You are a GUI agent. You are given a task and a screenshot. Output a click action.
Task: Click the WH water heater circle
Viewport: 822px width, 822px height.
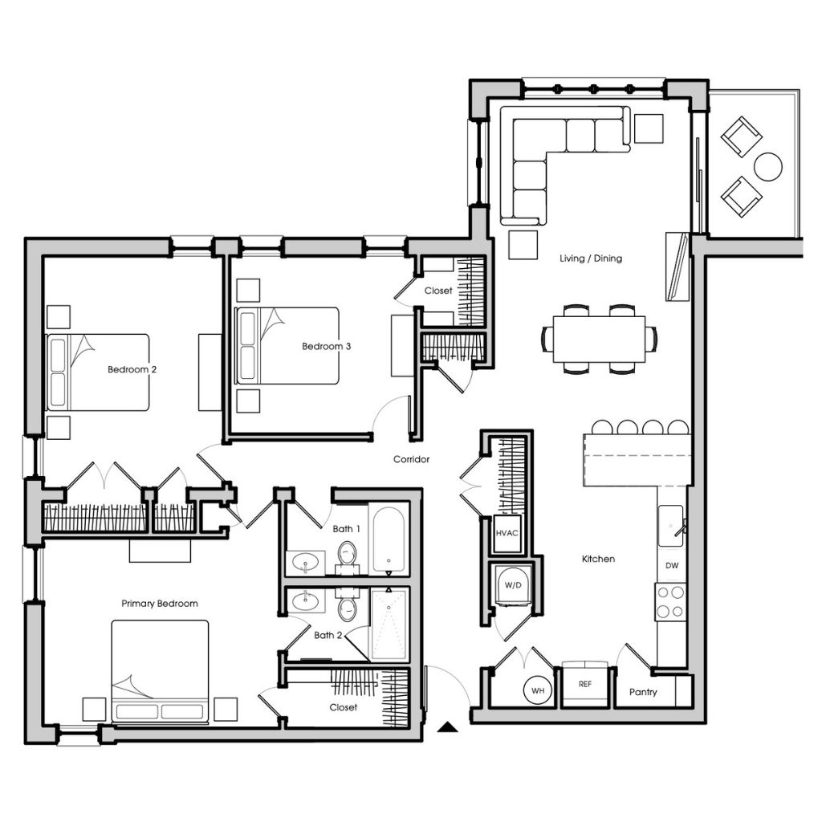click(537, 690)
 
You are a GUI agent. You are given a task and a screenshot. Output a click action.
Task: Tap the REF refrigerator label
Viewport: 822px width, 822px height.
click(585, 684)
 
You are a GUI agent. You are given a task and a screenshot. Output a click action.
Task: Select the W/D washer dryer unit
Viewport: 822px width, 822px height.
click(513, 586)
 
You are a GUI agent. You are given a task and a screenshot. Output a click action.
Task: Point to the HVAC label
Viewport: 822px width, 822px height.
click(507, 533)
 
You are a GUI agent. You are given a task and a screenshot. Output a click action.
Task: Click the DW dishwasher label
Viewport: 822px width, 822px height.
click(672, 566)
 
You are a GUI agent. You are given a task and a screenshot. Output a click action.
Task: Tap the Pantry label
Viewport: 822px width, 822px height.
click(643, 692)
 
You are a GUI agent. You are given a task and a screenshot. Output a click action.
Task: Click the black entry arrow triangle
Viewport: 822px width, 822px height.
click(447, 726)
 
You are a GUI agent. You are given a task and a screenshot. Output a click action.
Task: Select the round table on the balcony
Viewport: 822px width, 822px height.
click(768, 167)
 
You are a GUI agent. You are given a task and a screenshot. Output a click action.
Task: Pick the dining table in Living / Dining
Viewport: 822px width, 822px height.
click(599, 339)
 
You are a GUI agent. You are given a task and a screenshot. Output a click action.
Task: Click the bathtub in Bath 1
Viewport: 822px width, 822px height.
click(389, 539)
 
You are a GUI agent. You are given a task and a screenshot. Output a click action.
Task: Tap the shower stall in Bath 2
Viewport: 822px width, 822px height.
click(389, 625)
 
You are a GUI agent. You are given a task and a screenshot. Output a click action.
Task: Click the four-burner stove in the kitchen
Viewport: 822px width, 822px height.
click(670, 602)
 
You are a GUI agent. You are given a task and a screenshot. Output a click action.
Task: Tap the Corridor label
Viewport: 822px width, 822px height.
click(412, 459)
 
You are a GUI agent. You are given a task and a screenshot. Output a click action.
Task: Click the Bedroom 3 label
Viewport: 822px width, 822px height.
click(326, 346)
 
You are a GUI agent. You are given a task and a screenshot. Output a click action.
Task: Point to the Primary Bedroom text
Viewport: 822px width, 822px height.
click(160, 604)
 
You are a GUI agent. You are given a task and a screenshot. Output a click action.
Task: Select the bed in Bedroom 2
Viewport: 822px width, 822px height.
click(98, 372)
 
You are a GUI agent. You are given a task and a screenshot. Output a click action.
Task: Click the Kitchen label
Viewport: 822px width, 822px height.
click(598, 559)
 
